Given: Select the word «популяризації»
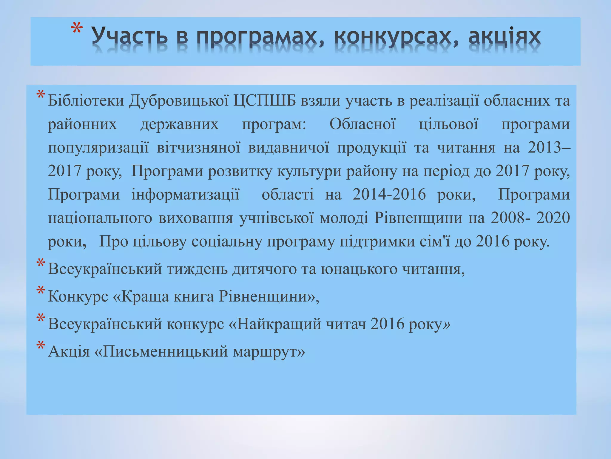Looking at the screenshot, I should [x=98, y=148].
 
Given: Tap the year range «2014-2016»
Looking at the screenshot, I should [x=389, y=195].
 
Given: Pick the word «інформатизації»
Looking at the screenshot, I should [x=185, y=195].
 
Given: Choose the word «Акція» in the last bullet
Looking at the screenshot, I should [x=69, y=351].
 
